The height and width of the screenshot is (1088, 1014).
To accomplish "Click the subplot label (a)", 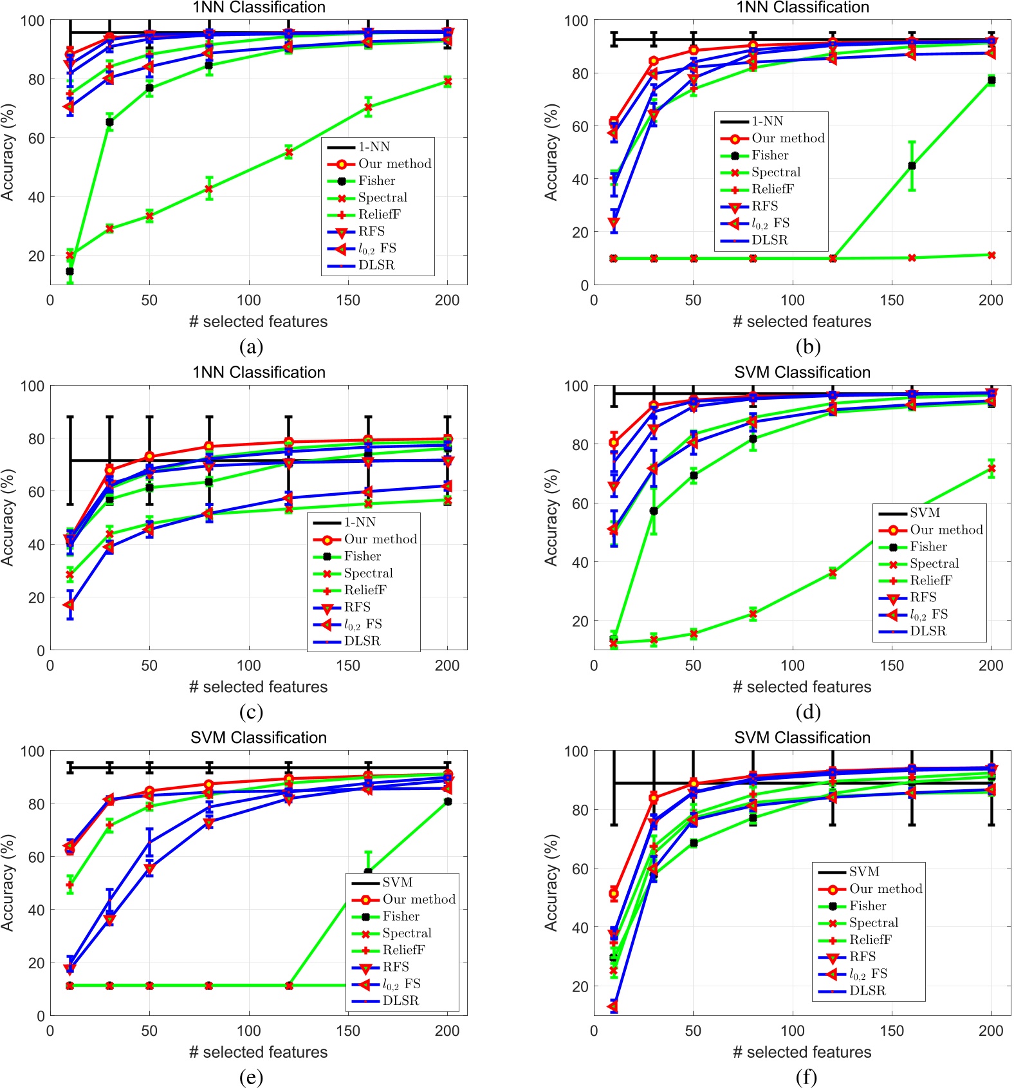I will click(251, 347).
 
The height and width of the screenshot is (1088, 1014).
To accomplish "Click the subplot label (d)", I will click(807, 712).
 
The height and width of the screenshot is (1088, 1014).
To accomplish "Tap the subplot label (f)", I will click(806, 1077).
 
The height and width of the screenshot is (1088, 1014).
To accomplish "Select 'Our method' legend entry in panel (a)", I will click(394, 164).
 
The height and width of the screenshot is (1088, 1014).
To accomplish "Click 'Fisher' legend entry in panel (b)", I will click(770, 155).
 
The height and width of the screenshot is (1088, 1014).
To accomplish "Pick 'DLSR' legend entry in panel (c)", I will click(362, 641).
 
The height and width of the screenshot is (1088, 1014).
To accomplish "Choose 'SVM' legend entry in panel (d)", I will click(925, 512).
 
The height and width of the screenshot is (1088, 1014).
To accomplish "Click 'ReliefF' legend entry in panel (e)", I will click(403, 950).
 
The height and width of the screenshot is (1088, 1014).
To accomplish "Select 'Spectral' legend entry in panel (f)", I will click(873, 923).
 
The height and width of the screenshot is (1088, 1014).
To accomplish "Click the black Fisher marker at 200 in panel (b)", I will click(991, 80).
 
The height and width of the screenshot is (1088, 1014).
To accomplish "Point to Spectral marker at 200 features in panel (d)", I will click(991, 469).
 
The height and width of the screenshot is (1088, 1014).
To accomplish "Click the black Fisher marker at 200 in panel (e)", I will click(448, 802).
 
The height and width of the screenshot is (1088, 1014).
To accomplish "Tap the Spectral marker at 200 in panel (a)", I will click(448, 82).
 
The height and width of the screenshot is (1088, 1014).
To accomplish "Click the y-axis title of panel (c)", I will click(8, 518).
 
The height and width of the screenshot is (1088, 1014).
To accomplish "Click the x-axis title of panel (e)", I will click(258, 1052).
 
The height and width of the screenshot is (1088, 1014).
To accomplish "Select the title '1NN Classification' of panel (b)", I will click(802, 8).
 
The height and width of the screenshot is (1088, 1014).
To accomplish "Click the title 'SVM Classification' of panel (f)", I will click(802, 738).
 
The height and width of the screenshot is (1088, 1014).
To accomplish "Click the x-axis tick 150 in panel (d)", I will click(892, 666).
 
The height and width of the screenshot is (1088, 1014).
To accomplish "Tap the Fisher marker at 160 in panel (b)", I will click(912, 166).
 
